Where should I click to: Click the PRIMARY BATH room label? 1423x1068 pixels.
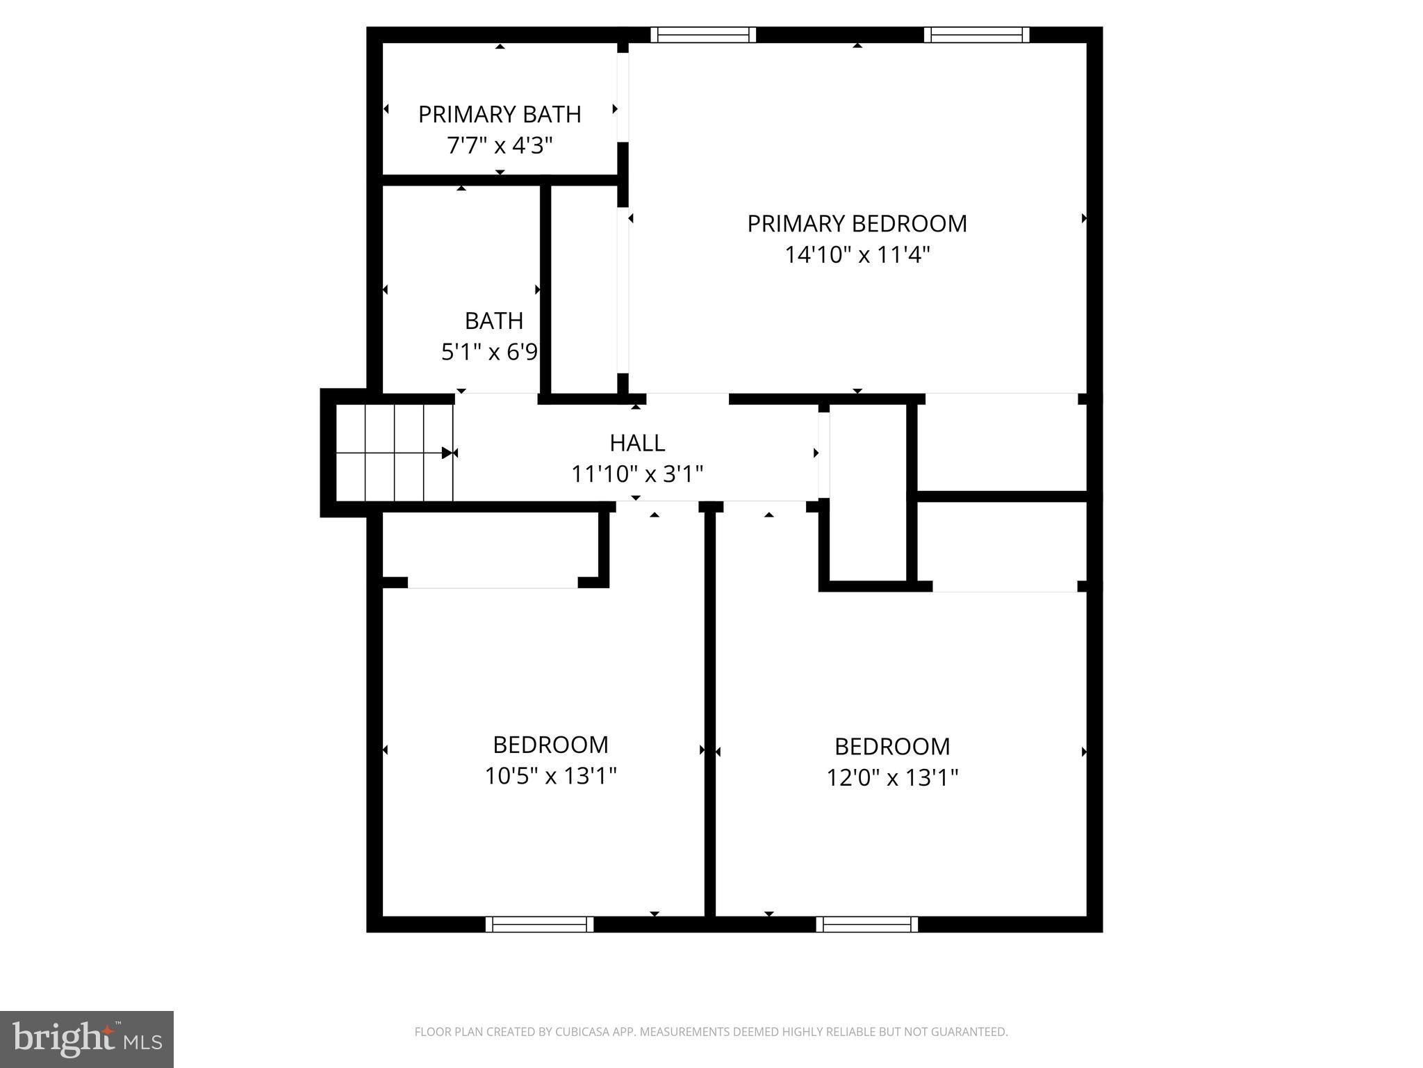tap(500, 114)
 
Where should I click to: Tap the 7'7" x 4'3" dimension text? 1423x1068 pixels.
tap(500, 146)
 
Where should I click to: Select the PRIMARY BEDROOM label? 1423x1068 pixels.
tap(857, 223)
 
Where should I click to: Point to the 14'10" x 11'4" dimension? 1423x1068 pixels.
tap(857, 255)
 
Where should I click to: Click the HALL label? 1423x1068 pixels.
tap(637, 443)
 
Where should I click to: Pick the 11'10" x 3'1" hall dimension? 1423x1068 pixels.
tap(637, 474)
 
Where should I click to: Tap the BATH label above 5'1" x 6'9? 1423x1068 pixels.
tap(494, 321)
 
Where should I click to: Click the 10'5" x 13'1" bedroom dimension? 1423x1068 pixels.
tap(551, 775)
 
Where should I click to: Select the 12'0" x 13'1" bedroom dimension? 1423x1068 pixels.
tap(892, 777)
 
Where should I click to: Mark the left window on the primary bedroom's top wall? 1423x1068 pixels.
tap(703, 35)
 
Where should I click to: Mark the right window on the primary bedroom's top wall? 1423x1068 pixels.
tap(976, 35)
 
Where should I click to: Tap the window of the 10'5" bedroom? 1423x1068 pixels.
tap(539, 924)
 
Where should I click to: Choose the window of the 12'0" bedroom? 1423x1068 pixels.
tap(866, 924)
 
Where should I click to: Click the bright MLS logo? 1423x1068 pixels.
tap(86, 1039)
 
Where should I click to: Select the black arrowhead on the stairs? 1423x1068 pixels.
tap(447, 453)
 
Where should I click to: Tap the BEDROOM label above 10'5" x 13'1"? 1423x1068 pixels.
tap(551, 745)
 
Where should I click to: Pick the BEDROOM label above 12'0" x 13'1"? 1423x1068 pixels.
tap(892, 746)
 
